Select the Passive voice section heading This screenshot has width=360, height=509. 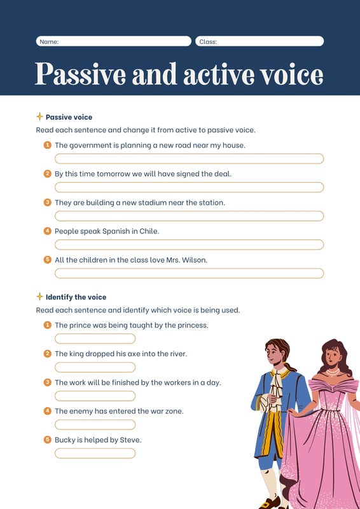coord(69,117)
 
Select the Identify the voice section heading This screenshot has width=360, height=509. coord(76,297)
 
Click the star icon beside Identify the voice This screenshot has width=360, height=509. coord(39,296)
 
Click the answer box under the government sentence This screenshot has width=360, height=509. coord(189,158)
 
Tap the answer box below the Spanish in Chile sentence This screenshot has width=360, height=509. coord(189,244)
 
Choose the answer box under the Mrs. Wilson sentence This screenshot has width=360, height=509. coord(189,273)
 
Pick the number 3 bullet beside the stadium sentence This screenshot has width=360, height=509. coord(47,202)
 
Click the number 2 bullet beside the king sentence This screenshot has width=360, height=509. coord(47,354)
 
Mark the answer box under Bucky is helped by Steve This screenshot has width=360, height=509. coord(95,453)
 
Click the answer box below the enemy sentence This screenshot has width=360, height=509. coord(95,424)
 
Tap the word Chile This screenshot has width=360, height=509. coord(149,231)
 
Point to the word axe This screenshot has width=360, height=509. coord(137,354)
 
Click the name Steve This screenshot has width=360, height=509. coord(130,440)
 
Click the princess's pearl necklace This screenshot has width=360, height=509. coord(332,371)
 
